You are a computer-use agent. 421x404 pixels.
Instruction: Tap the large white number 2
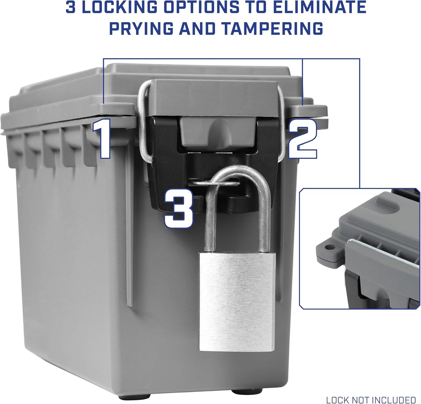coord(303,139)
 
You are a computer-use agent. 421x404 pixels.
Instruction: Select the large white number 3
coord(179,208)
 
